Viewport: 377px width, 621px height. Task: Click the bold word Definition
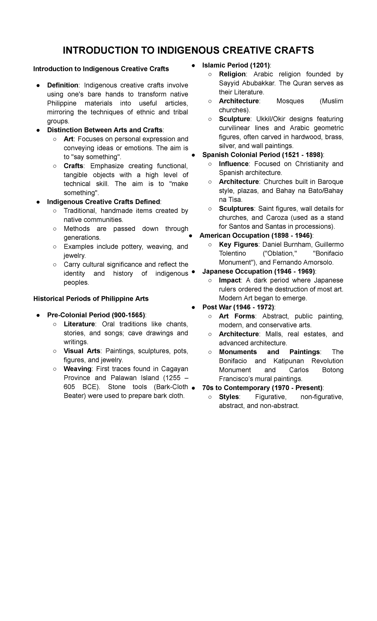click(x=63, y=85)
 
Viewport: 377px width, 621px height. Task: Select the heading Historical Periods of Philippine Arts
click(x=91, y=299)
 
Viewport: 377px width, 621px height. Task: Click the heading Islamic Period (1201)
click(x=236, y=65)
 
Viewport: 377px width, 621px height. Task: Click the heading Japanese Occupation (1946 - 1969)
click(x=259, y=272)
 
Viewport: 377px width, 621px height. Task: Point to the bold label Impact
click(x=230, y=280)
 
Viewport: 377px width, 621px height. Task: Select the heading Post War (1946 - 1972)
click(x=238, y=307)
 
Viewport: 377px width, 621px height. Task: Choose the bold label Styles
click(x=229, y=397)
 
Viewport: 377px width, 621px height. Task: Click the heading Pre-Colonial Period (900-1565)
click(x=96, y=315)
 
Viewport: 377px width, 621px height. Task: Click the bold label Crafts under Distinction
click(x=73, y=166)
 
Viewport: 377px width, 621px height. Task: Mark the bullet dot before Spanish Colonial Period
click(x=194, y=155)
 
